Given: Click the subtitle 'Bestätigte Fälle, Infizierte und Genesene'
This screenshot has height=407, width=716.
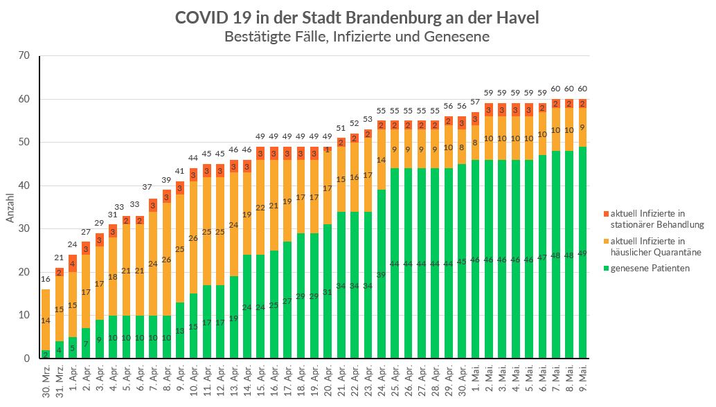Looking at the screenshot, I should [x=357, y=37].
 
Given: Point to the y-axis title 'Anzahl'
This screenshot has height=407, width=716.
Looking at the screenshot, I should [x=10, y=207].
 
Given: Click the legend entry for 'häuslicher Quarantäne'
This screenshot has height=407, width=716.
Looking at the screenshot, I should [x=654, y=246].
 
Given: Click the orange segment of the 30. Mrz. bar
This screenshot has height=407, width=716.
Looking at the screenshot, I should [x=46, y=320].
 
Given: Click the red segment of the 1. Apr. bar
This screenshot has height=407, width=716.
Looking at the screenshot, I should [x=73, y=264].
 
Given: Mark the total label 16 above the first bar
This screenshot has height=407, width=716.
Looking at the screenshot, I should [x=46, y=279].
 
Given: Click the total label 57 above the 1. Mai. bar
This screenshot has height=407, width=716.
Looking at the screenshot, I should [x=475, y=102].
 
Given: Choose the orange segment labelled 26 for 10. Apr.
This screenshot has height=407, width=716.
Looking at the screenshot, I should [x=193, y=237].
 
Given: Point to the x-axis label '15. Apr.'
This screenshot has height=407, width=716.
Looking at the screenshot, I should [x=260, y=382].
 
